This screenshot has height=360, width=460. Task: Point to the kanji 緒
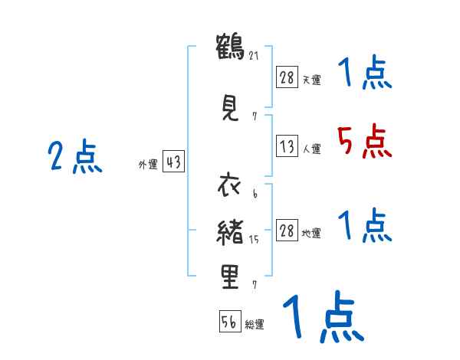pyautogui.click(x=229, y=232)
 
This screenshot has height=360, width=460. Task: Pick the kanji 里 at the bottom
pyautogui.click(x=229, y=278)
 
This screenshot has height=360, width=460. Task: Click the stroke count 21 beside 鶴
pyautogui.click(x=254, y=55)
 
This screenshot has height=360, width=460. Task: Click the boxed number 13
pyautogui.click(x=287, y=148)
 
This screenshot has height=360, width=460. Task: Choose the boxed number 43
pyautogui.click(x=173, y=163)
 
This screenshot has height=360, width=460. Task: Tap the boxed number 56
pyautogui.click(x=229, y=322)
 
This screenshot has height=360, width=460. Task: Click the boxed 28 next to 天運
pyautogui.click(x=287, y=77)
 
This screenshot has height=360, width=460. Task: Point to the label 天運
pyautogui.click(x=311, y=80)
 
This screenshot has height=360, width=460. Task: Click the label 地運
pyautogui.click(x=311, y=234)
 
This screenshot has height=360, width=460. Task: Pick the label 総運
pyautogui.click(x=255, y=325)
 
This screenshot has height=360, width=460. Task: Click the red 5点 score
pyautogui.click(x=363, y=142)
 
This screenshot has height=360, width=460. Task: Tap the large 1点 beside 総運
pyautogui.click(x=323, y=317)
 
